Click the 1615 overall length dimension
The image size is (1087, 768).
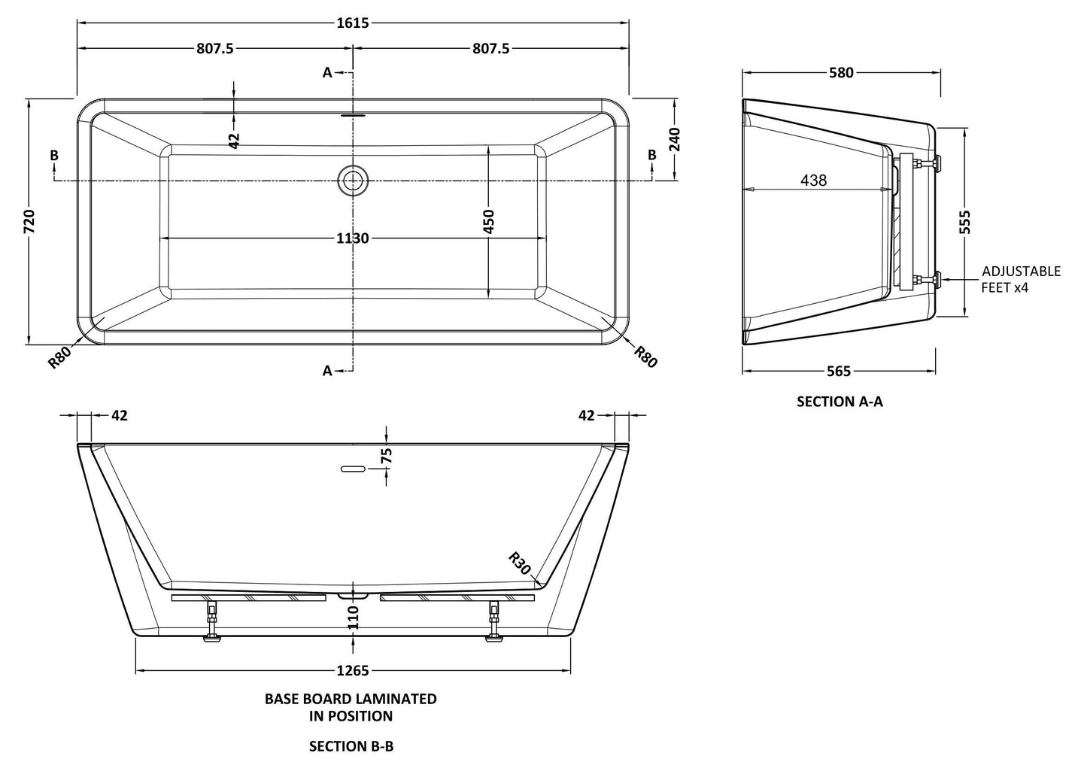click(352, 23)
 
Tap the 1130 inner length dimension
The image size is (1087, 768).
click(352, 238)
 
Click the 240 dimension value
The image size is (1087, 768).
click(674, 139)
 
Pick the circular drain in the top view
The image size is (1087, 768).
click(353, 181)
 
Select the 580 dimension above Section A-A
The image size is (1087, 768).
click(841, 72)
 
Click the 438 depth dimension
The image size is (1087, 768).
click(813, 181)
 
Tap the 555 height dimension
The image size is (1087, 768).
click(966, 222)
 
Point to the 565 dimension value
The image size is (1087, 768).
click(838, 371)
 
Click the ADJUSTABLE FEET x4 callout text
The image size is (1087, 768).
click(1020, 279)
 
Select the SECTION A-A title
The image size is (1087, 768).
click(840, 402)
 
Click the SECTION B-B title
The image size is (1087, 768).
click(351, 746)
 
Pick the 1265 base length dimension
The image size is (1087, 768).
click(352, 670)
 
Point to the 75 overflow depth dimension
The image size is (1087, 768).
click(387, 456)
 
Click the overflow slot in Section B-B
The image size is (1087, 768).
click(353, 469)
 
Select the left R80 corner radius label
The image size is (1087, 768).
click(59, 357)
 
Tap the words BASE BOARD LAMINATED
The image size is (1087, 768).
click(351, 699)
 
